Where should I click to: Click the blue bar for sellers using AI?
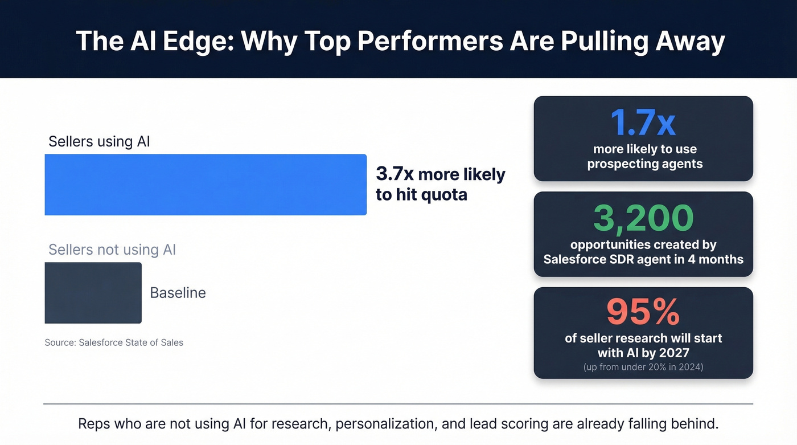point(206,185)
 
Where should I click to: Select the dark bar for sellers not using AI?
point(93,293)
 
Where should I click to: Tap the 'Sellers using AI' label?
point(99,141)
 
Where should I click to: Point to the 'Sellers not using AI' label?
point(112,250)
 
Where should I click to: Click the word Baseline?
point(178,293)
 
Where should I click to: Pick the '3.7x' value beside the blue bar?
point(395,174)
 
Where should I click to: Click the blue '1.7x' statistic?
point(643,122)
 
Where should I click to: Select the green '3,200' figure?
point(643,218)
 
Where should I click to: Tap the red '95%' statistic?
point(643,311)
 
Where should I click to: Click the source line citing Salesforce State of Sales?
point(114,342)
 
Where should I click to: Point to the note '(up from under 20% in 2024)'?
point(643,367)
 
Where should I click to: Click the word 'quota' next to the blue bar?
point(443,194)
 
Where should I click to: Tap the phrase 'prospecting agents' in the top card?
point(644,164)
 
